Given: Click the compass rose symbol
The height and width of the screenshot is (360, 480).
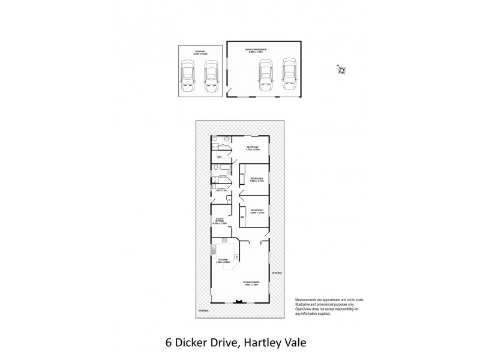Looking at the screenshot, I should coord(341,71).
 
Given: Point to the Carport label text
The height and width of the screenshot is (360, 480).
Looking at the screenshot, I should coord(192,52).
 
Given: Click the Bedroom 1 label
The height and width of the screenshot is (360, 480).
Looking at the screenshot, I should coord(253,148).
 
